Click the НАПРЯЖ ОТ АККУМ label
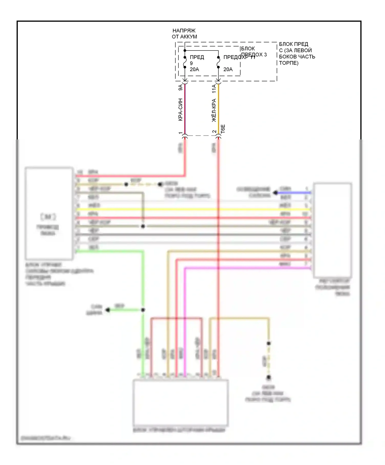click(184, 34)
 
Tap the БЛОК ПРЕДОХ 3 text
click(254, 52)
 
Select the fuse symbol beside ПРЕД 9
click(185, 62)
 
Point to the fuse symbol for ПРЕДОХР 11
click(218, 62)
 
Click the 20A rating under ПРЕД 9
click(194, 69)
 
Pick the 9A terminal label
click(180, 87)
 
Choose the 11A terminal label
click(214, 89)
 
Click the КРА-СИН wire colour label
click(180, 109)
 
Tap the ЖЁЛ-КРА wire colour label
click(214, 110)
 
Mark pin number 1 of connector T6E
click(180, 133)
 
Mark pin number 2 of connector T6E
click(214, 132)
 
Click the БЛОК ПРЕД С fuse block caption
click(297, 53)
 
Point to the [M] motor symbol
click(48, 217)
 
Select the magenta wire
click(246, 268)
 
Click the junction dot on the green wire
click(143, 310)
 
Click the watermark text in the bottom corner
click(45, 438)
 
